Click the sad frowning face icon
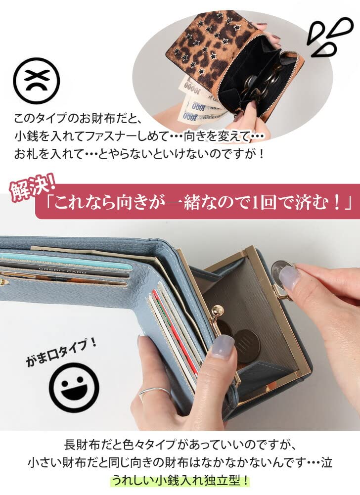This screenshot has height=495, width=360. (36, 81)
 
